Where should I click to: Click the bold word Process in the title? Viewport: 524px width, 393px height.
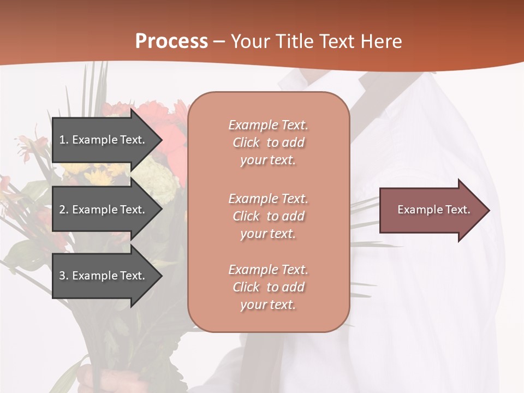coord(171,41)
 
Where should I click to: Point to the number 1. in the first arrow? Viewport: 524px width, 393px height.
coord(64,140)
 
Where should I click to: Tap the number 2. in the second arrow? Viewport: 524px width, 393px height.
coord(64,210)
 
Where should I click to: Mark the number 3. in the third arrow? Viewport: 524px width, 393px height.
coord(64,276)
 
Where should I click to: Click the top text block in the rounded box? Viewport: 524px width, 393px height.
coord(268,142)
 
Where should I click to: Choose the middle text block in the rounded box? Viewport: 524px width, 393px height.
coord(268,216)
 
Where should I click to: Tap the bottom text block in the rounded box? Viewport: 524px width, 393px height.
coord(268,287)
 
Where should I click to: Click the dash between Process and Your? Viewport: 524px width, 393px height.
coord(219,42)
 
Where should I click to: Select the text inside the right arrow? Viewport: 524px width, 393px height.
coord(433,210)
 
